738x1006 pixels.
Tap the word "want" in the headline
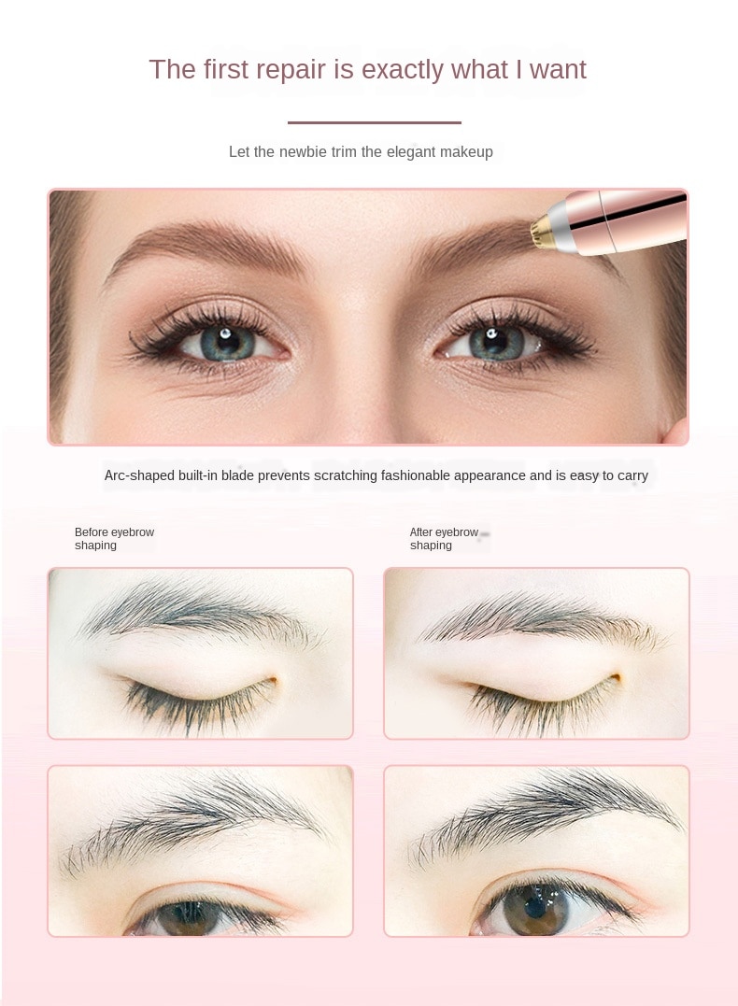pyautogui.click(x=558, y=69)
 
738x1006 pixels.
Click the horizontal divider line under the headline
pyautogui.click(x=374, y=122)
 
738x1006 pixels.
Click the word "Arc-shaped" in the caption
pyautogui.click(x=138, y=476)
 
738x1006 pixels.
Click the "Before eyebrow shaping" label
pyautogui.click(x=114, y=539)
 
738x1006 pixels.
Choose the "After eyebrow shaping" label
pyautogui.click(x=444, y=539)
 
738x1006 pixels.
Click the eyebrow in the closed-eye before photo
pyautogui.click(x=199, y=611)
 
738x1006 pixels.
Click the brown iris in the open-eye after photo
pyautogui.click(x=535, y=910)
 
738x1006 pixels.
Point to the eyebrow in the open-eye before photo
pyautogui.click(x=192, y=821)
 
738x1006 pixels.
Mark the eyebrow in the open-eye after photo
pyautogui.click(x=546, y=812)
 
